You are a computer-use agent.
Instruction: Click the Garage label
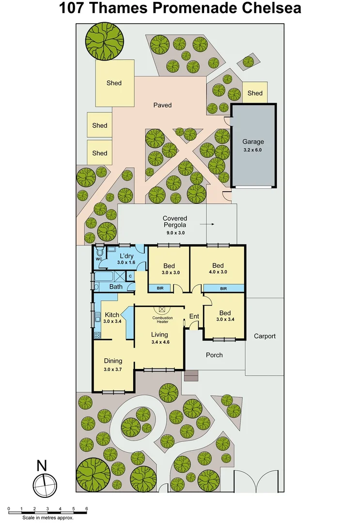(253, 142)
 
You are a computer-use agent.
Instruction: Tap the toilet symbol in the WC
(99, 252)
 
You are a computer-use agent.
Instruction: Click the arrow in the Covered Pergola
(207, 225)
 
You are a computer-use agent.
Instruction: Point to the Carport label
(265, 336)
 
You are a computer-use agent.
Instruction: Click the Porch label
(214, 355)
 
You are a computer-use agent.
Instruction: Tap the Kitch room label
(112, 315)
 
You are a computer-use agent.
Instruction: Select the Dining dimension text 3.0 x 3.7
(112, 369)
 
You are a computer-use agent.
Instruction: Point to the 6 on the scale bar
(87, 509)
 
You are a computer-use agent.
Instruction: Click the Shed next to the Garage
(255, 93)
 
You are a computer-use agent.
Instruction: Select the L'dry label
(127, 256)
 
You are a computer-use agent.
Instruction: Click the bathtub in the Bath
(104, 277)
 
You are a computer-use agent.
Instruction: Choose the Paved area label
(162, 105)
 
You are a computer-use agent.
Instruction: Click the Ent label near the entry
(194, 317)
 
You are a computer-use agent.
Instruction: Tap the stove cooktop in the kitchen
(97, 335)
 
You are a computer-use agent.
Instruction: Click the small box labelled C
(130, 276)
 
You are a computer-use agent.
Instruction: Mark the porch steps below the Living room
(191, 375)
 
